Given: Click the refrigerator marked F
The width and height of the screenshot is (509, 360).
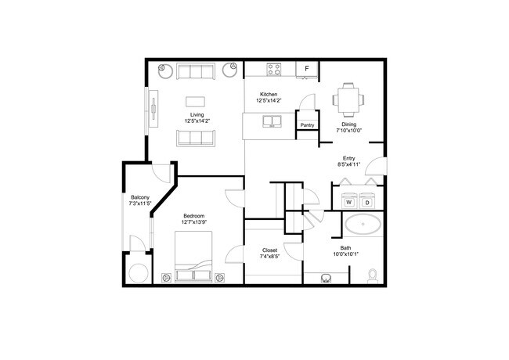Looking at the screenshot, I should [x=307, y=70].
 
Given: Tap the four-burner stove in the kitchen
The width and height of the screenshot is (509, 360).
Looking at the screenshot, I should [x=274, y=70].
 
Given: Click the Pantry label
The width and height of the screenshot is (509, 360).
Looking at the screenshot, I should [x=307, y=124].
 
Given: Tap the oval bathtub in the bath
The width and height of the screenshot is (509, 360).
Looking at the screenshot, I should [x=363, y=225].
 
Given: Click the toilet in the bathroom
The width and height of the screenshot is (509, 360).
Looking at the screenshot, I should [x=374, y=275].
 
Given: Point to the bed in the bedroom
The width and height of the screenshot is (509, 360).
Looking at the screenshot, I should [x=193, y=264].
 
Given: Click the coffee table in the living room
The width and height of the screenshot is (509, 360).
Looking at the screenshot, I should [x=196, y=101].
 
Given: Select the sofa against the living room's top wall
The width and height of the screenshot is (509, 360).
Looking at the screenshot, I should [x=196, y=71].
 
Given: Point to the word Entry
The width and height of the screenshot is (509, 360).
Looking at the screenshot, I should [x=349, y=158].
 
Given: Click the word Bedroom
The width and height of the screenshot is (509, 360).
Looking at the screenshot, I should [x=194, y=216].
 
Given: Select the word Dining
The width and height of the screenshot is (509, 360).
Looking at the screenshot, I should [x=348, y=124].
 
